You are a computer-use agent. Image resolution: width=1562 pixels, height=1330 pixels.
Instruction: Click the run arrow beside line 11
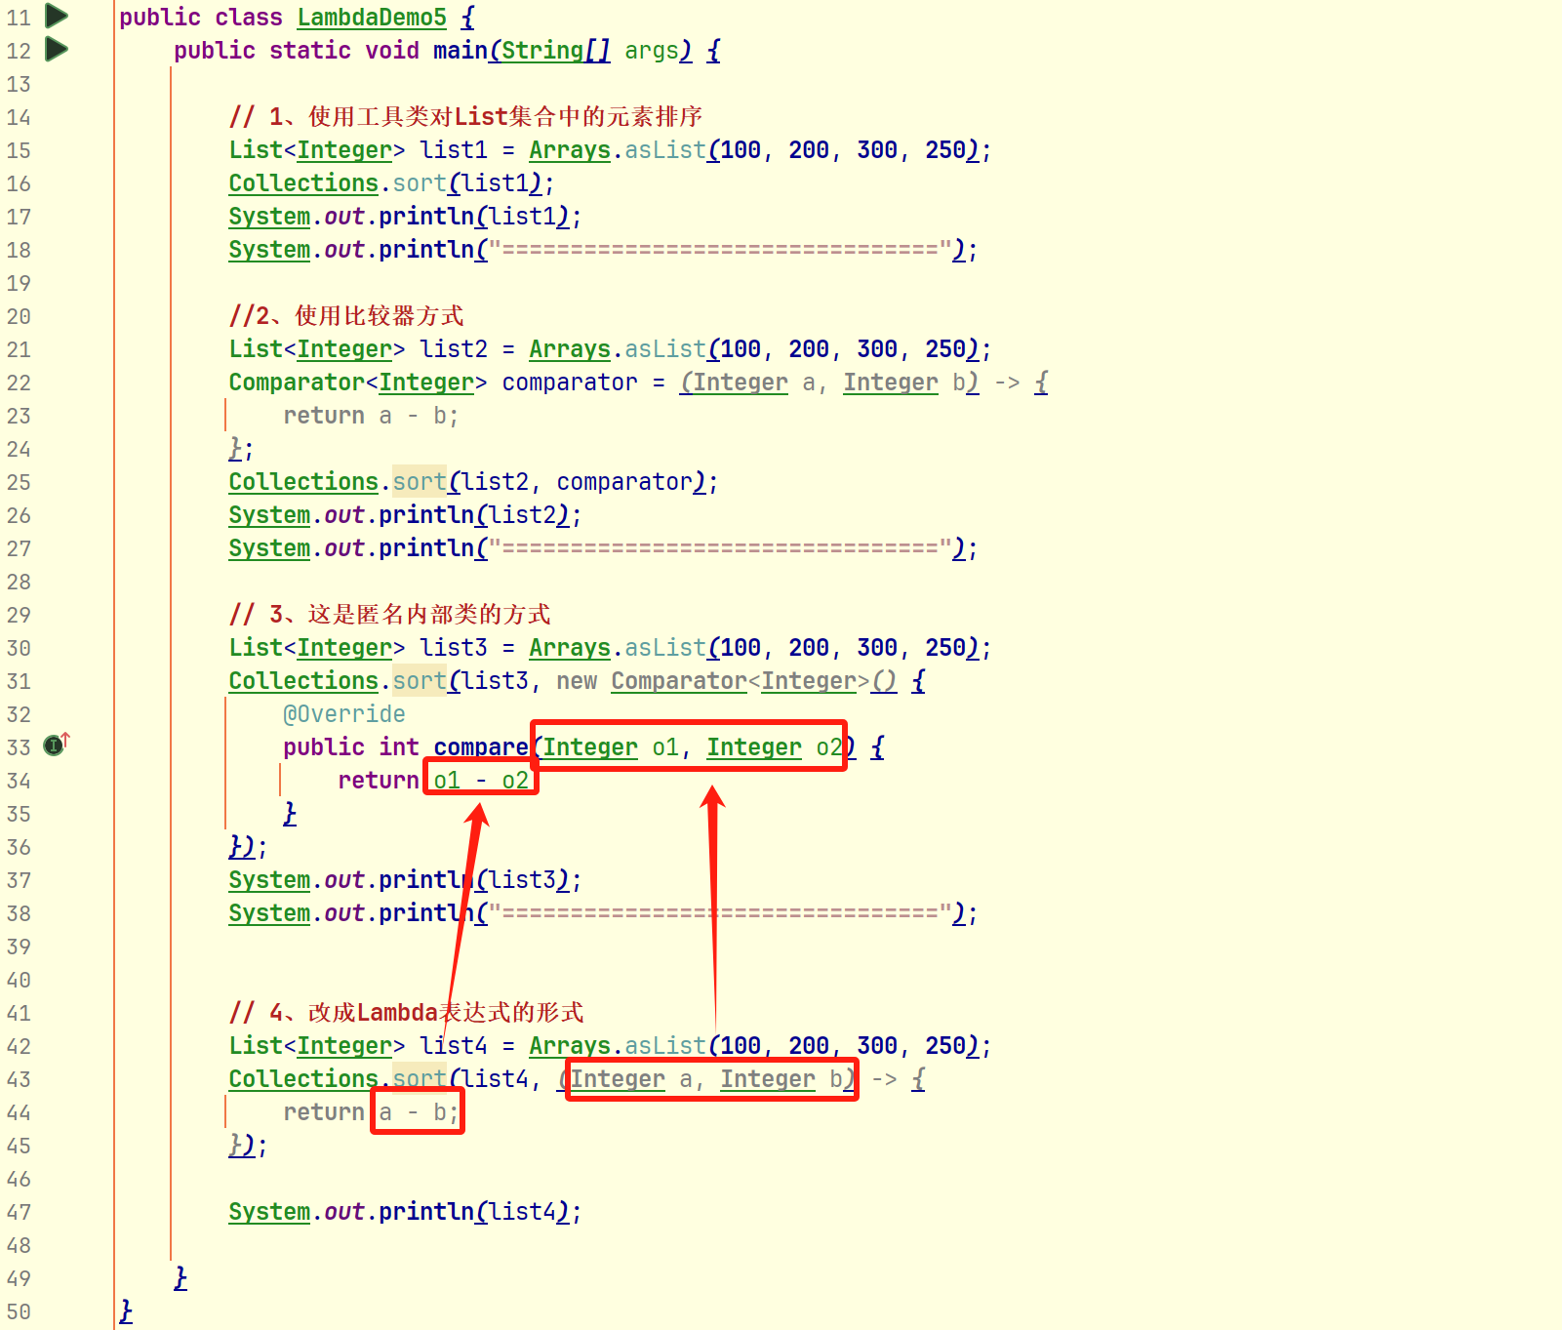(57, 16)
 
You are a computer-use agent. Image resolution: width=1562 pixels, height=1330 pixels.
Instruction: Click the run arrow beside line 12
(57, 49)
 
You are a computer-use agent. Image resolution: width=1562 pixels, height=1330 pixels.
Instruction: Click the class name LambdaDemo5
(372, 18)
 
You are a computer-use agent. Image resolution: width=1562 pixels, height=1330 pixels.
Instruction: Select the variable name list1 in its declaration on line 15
(454, 150)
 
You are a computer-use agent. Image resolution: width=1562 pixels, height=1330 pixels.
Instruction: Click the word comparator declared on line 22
(570, 383)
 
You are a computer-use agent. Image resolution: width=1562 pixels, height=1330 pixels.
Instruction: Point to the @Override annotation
(343, 714)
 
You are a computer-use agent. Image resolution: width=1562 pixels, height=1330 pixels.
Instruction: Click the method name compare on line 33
(481, 747)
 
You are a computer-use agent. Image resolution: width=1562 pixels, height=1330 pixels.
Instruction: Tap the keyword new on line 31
(577, 681)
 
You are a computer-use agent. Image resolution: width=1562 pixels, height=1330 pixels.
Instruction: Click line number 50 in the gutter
(19, 1311)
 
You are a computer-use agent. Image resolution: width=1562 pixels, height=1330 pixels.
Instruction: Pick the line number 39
(19, 947)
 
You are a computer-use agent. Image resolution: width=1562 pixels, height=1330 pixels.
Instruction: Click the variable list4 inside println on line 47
(521, 1212)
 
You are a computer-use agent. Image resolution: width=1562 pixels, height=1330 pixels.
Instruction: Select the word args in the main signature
(652, 51)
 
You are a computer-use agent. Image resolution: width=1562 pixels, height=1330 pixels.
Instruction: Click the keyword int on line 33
(399, 747)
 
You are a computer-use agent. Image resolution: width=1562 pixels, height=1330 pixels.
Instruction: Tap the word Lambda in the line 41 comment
(397, 1013)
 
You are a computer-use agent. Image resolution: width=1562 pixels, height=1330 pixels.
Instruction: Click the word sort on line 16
(420, 183)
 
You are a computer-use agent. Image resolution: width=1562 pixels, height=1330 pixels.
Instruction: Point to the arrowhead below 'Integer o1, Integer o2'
(713, 797)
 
